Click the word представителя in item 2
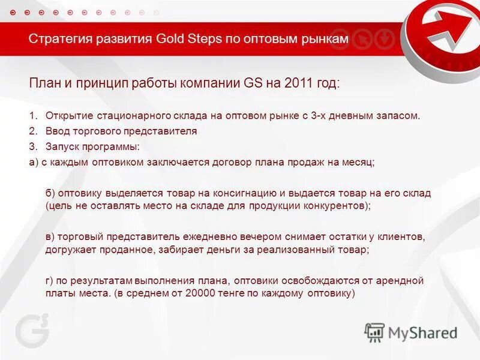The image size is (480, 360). (165, 131)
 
